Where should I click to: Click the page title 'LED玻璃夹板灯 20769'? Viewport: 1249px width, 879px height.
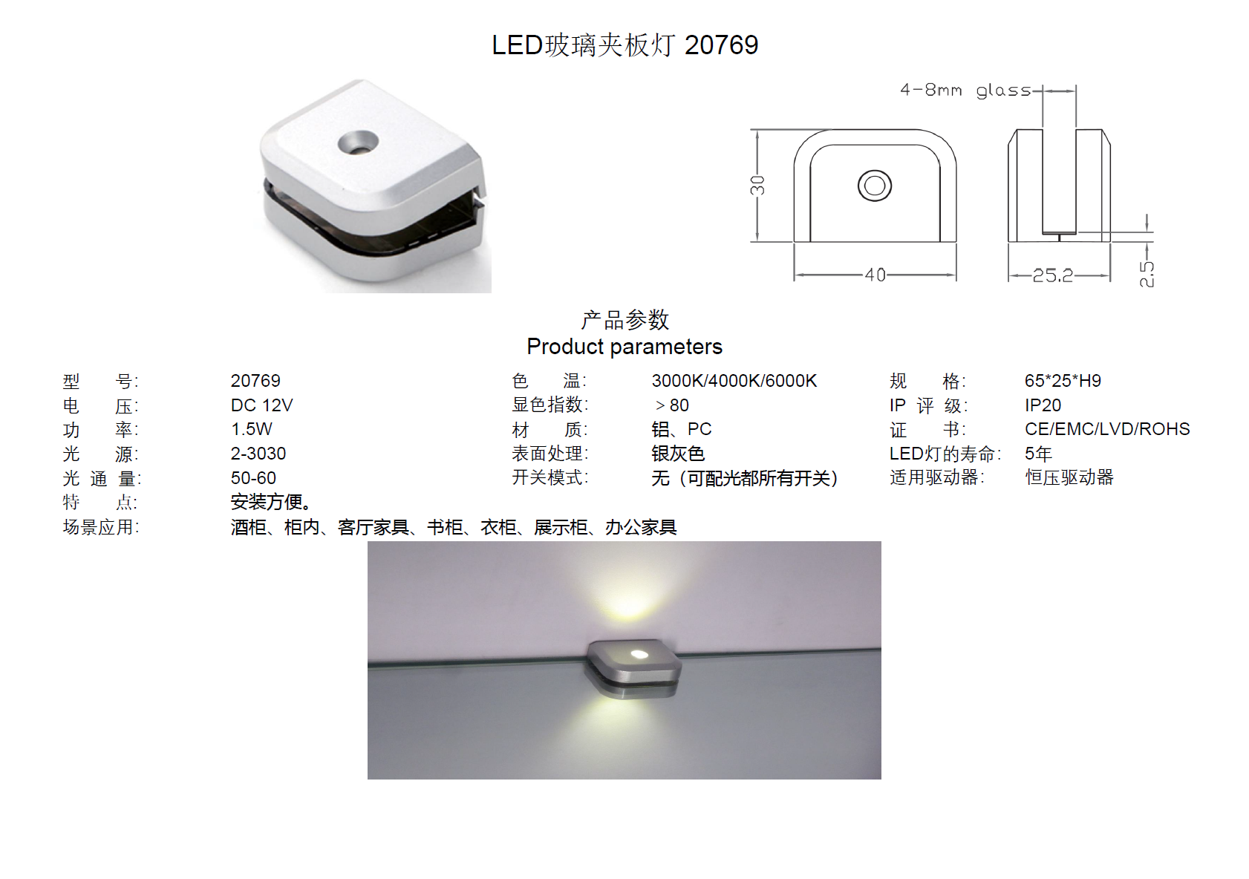tap(624, 45)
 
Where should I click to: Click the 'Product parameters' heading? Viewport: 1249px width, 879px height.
tap(624, 347)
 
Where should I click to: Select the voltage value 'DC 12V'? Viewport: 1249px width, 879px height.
tap(261, 405)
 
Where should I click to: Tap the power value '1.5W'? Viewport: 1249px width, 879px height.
tap(252, 429)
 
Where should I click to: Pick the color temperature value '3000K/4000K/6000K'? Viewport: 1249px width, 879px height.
tap(734, 381)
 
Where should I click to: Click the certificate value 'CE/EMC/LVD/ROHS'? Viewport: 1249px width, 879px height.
tap(1107, 429)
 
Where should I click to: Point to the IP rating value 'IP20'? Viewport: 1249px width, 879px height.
tap(1043, 405)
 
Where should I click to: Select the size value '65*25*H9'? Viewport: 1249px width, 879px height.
tap(1063, 381)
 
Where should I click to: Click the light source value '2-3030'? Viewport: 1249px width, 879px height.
tap(258, 454)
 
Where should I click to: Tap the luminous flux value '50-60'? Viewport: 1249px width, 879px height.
tap(253, 478)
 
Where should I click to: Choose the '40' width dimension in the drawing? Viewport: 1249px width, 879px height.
tap(875, 275)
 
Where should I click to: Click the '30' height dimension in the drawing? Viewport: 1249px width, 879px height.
tap(757, 185)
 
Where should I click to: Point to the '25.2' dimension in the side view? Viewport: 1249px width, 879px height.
tap(1053, 275)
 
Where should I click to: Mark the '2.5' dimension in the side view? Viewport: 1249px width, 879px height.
tap(1147, 274)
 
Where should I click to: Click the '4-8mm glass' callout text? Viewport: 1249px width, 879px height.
tap(965, 91)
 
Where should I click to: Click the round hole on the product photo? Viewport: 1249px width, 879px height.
tap(358, 142)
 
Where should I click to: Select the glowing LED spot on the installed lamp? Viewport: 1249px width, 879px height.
tap(637, 653)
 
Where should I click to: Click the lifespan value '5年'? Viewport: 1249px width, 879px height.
tap(1038, 454)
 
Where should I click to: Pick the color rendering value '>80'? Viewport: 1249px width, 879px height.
tap(672, 405)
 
